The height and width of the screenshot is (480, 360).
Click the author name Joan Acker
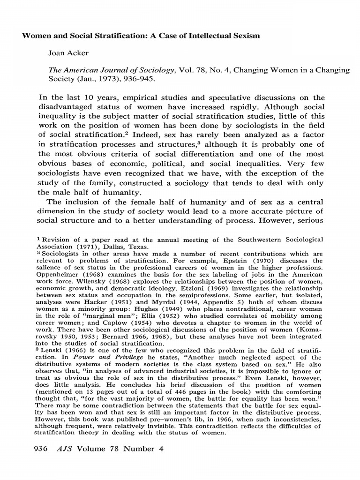pos(69,53)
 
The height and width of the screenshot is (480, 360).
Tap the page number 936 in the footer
pos(42,449)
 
